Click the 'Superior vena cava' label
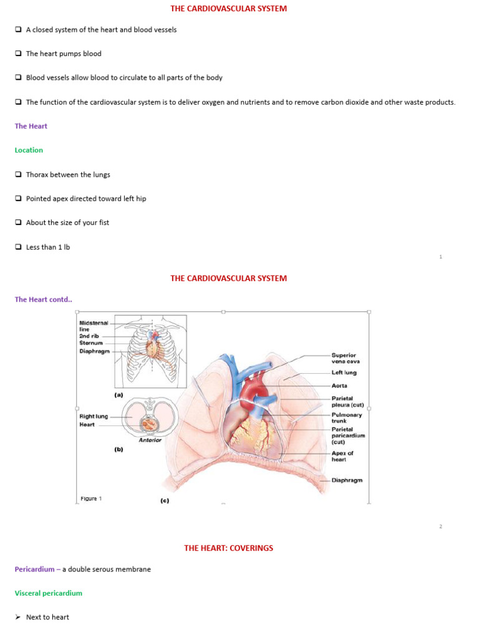coord(345,358)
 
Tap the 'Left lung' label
coord(344,373)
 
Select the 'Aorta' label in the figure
coord(340,386)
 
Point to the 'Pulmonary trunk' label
coord(346,417)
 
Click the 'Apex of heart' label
coord(342,456)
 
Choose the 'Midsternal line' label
coord(94,326)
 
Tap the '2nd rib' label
coord(89,336)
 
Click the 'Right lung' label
coord(94,416)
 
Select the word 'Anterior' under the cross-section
coord(150,440)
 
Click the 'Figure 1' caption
coord(91,498)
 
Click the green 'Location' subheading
coord(29,150)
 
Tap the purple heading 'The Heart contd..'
coord(43,299)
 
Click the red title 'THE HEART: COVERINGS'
coord(228,548)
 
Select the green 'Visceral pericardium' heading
coord(49,593)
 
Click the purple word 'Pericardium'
coord(34,569)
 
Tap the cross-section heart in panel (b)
coord(148,424)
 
